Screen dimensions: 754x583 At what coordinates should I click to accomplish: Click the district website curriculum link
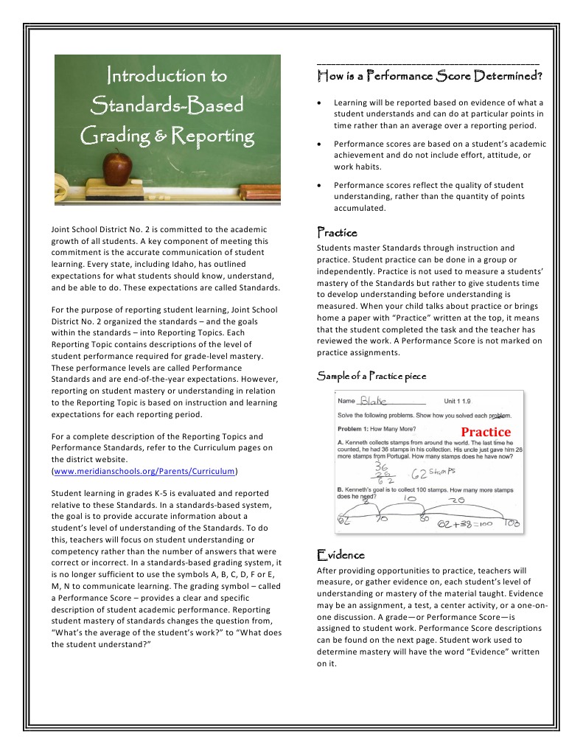coord(144,470)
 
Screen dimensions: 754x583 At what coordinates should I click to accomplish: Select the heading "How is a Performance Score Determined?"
coord(430,75)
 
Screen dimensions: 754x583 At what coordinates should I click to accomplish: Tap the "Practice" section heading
coord(336,233)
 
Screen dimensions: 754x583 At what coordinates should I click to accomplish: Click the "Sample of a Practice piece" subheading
coord(371,377)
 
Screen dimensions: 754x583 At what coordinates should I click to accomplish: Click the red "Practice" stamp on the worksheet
coord(485,432)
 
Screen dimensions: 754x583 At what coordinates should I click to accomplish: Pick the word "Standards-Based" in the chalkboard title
coord(167,106)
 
